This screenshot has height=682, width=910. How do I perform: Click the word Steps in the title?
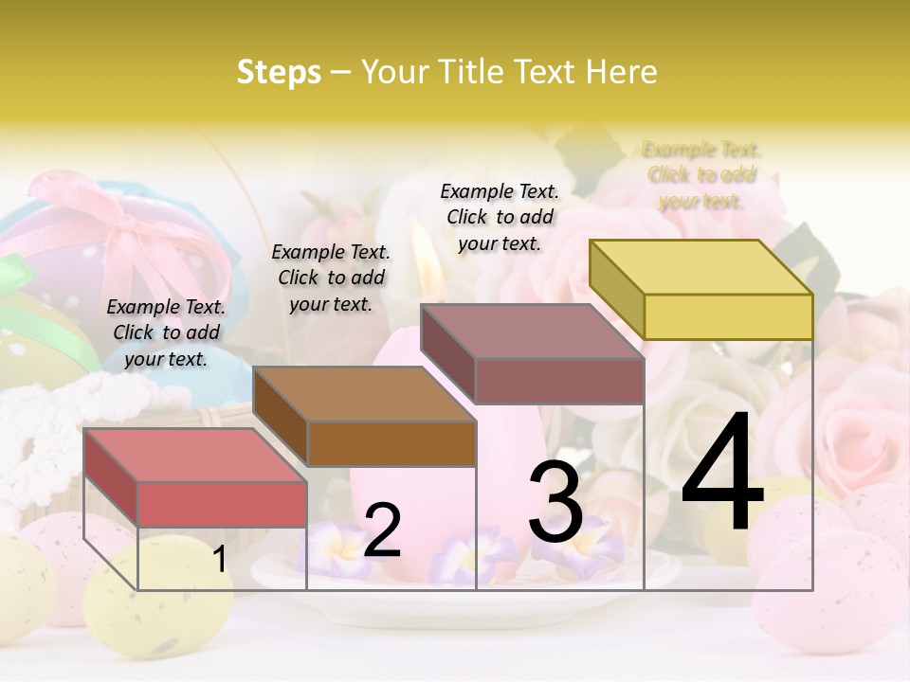point(279,72)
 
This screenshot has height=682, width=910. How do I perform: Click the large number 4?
point(722,474)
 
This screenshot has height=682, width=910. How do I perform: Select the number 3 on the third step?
point(555,502)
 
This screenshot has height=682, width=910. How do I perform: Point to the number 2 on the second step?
point(382,530)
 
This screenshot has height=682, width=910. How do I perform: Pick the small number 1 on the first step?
point(219,560)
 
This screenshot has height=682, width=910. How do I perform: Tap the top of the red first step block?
point(194,455)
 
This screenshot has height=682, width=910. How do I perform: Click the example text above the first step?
point(166,332)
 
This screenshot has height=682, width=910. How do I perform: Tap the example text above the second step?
point(331,278)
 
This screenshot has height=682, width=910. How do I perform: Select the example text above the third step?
point(500,217)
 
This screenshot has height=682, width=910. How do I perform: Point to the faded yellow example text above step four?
point(701,175)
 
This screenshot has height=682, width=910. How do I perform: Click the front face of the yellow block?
point(728,316)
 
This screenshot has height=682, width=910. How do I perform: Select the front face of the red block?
point(222,504)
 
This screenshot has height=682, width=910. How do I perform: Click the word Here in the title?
point(623,72)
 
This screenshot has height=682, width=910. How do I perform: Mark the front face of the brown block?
point(391,443)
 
